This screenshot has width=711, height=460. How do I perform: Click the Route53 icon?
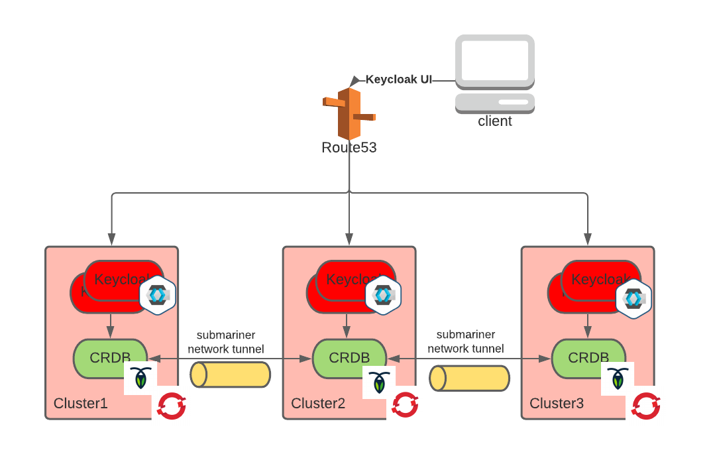(x=349, y=113)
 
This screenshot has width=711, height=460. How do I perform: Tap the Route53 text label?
(x=349, y=148)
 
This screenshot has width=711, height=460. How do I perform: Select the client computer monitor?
(x=495, y=61)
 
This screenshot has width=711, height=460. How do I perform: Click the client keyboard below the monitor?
(x=495, y=103)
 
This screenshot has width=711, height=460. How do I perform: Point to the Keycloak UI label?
(x=398, y=80)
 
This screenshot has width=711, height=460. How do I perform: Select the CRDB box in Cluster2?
(x=349, y=357)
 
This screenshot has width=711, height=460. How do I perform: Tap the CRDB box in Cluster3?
(x=588, y=357)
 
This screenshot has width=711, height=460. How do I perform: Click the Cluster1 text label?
(x=80, y=404)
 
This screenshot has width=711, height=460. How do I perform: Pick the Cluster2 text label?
(x=318, y=404)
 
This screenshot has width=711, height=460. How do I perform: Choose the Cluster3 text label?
(x=557, y=404)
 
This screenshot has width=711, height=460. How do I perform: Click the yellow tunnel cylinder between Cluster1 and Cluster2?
(x=231, y=374)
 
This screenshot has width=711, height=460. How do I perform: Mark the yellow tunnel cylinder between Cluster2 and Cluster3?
(x=469, y=378)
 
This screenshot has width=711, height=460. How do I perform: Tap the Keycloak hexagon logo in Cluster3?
(x=633, y=298)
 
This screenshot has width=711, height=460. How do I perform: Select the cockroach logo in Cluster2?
(x=379, y=382)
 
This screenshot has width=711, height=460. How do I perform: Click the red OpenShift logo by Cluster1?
(x=172, y=406)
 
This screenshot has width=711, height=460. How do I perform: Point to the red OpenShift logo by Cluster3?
(x=645, y=406)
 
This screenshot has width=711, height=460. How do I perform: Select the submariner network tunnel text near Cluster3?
(x=466, y=341)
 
